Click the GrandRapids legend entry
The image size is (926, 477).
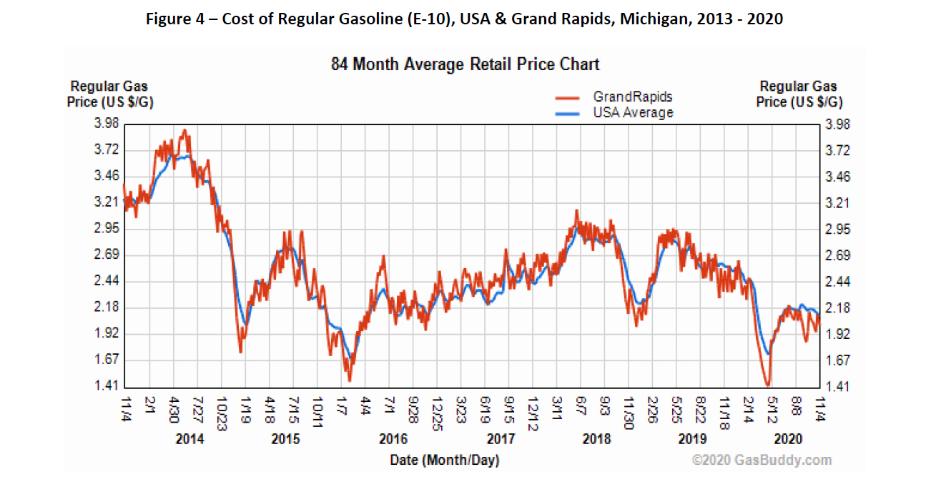pos(632,97)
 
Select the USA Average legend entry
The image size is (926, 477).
pos(632,112)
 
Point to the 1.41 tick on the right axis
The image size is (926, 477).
pos(837,387)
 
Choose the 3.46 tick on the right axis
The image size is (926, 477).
pos(837,176)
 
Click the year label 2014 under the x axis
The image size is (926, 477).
pos(189,438)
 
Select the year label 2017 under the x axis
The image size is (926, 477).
pos(500,438)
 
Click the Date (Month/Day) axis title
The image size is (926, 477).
pos(444,460)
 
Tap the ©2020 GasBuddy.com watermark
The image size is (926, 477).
pos(762,460)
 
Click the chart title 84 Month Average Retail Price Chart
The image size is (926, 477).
pos(465,64)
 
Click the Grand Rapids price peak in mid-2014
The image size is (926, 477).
pos(184,130)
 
